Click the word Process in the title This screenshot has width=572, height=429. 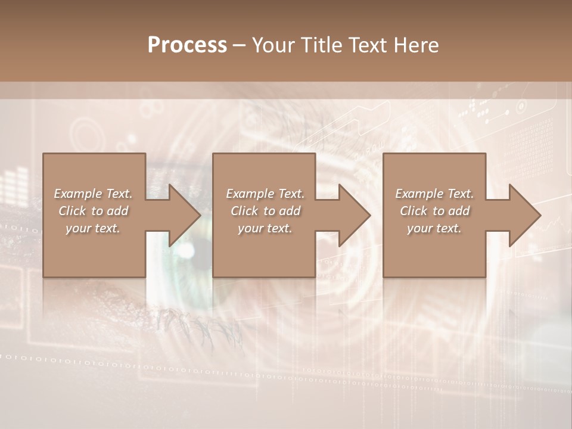point(187,45)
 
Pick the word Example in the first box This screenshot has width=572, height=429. point(78,194)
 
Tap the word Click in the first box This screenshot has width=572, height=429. point(72,211)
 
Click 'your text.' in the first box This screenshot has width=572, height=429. point(93,228)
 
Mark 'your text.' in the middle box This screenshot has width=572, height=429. point(265,228)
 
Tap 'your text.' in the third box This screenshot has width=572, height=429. point(434,228)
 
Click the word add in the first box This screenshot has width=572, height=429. point(117,211)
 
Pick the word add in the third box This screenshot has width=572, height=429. point(459,211)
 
